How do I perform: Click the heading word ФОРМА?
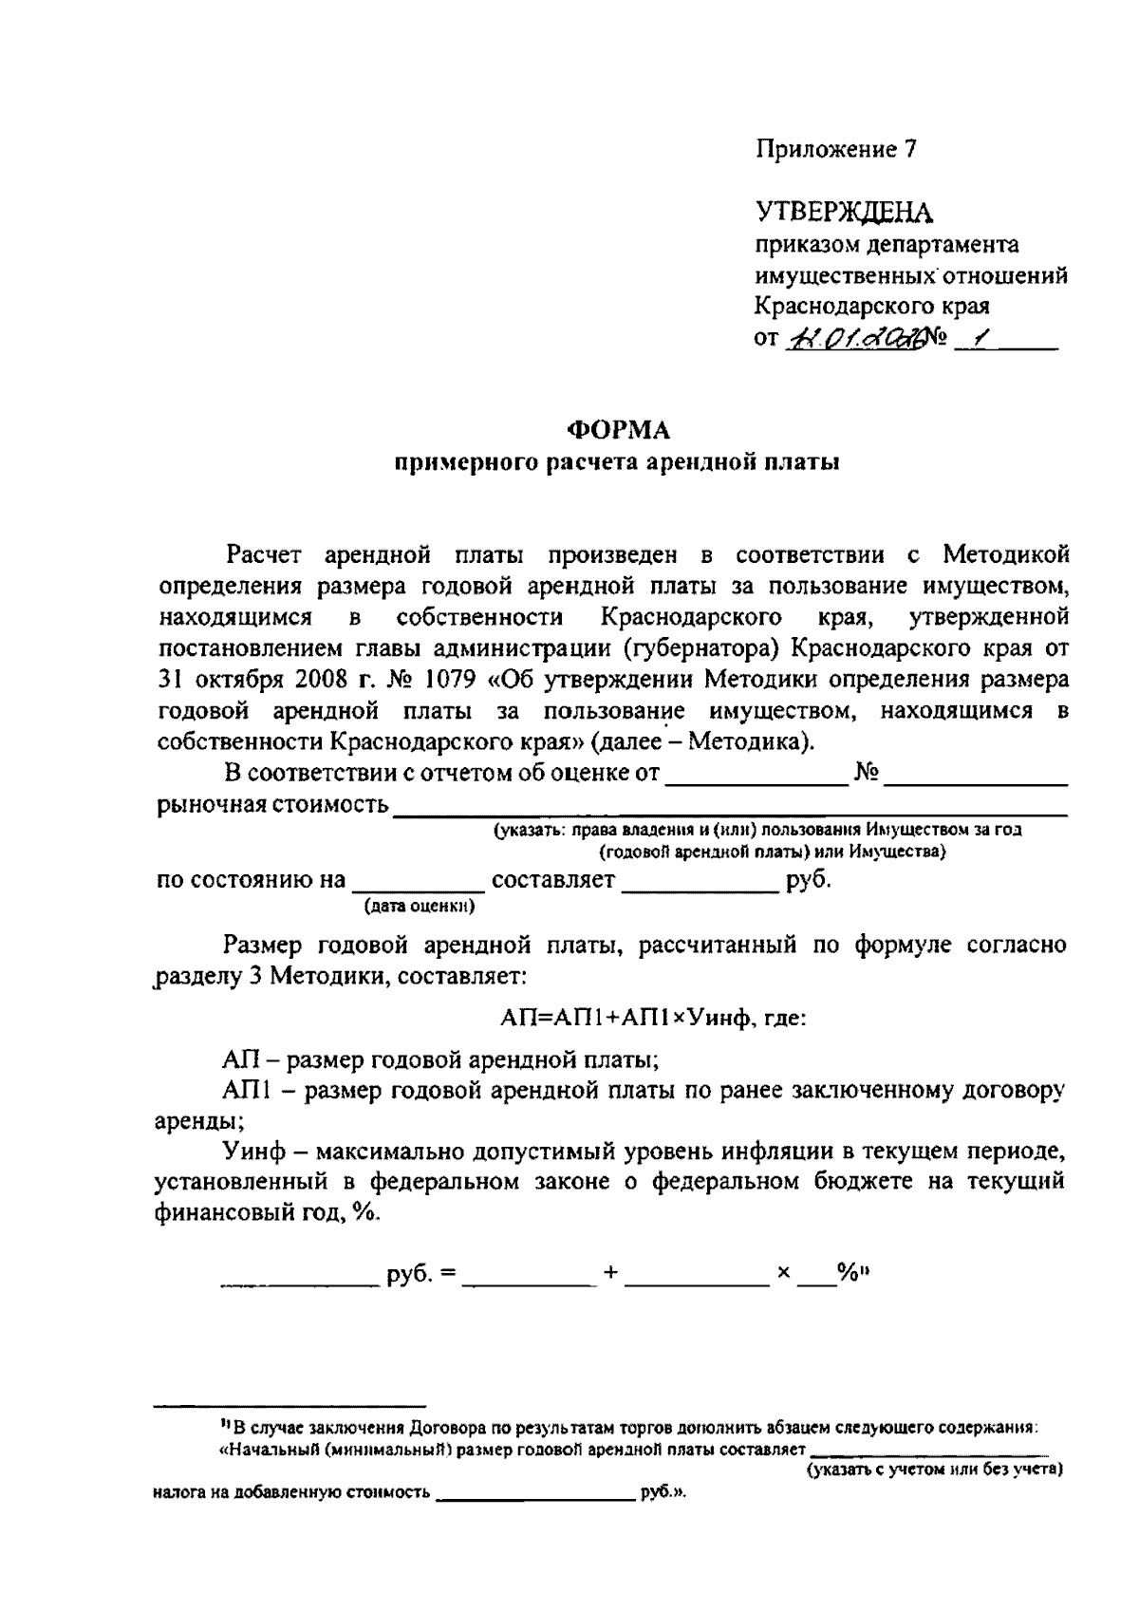pos(618,430)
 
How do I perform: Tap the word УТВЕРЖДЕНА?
pos(844,212)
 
